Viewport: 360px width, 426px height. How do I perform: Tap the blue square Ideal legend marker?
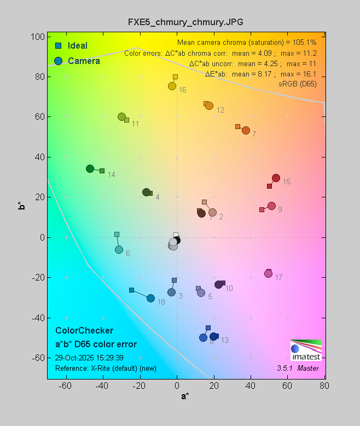coord(58,45)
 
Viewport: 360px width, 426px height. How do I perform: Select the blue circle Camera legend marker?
coord(58,61)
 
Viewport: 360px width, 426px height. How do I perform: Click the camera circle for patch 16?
coord(172,86)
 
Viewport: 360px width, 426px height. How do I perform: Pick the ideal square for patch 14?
coord(102,171)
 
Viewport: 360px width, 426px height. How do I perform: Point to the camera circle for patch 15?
coord(276,178)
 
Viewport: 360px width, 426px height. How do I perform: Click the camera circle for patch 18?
coord(150,298)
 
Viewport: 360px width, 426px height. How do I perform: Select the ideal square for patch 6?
coord(117,234)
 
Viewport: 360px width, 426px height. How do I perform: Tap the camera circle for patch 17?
coord(268,273)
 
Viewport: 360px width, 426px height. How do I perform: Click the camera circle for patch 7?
coord(246,131)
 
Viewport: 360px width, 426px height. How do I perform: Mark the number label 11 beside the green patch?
coord(135,124)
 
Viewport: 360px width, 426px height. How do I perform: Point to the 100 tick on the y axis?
coord(38,37)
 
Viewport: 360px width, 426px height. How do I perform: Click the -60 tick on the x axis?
coord(66,386)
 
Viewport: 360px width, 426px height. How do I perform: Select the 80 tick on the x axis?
coord(324,386)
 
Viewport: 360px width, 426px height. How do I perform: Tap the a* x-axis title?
coord(185,396)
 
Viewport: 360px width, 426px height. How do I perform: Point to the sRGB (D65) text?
coord(298,84)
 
